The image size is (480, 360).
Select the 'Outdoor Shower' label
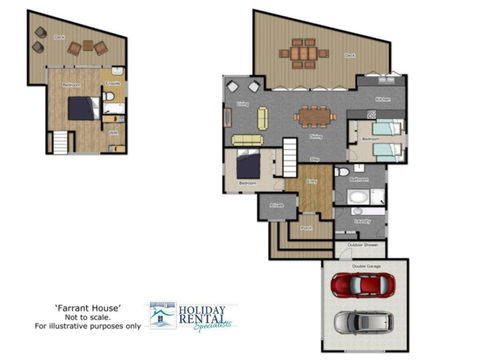tap(362, 243)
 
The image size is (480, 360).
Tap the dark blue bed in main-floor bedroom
tap(249, 162)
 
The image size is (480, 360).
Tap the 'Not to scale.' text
tap(88, 317)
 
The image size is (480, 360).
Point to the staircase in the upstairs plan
tap(60, 142)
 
